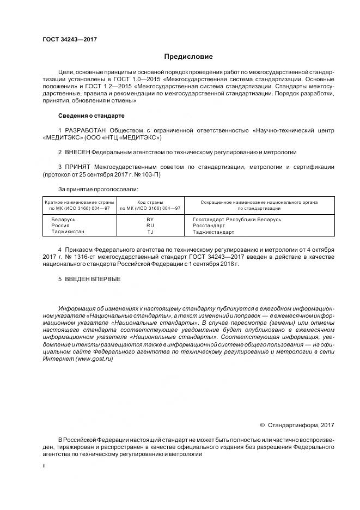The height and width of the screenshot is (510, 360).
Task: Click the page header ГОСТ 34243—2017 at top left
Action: (69, 39)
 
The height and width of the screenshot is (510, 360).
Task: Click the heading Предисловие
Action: (188, 57)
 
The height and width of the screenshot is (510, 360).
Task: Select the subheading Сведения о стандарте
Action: (91, 116)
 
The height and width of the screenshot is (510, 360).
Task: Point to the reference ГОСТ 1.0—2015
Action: (156, 79)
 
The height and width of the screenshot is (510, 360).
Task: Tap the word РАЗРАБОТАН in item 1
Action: (86, 131)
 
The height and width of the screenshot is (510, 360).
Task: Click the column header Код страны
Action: (150, 202)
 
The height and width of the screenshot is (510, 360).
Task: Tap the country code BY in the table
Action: (150, 219)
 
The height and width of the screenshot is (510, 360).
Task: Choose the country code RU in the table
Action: (150, 225)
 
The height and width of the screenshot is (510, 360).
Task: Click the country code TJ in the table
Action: (150, 232)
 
